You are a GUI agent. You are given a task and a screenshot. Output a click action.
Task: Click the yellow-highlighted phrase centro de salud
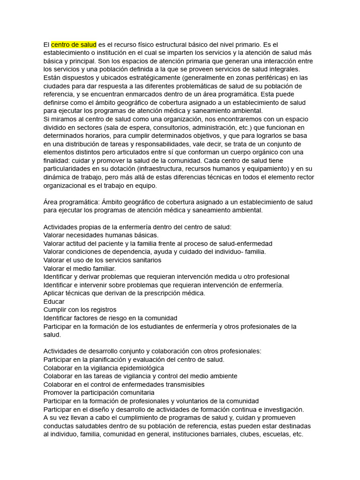tap(74, 44)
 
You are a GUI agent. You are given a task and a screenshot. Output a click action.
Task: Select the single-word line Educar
tap(54, 301)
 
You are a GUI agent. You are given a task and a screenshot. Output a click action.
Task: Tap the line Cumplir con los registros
tap(80, 310)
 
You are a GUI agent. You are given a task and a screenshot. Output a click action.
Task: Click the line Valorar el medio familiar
tap(79, 268)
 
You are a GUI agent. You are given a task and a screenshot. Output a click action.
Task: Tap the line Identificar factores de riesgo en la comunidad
tap(110, 318)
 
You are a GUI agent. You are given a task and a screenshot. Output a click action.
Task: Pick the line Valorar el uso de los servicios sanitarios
tap(102, 260)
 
